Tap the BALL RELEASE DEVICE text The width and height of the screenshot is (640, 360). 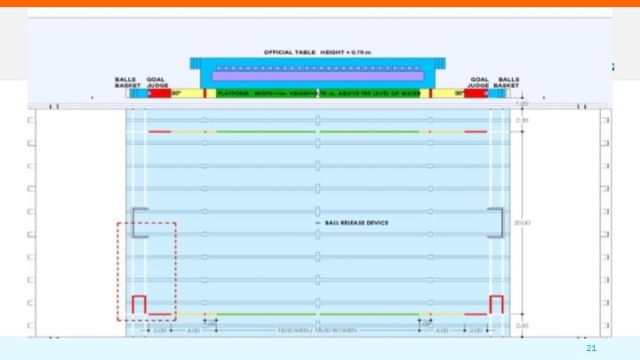pyautogui.click(x=356, y=222)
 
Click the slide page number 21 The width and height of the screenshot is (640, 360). pyautogui.click(x=591, y=349)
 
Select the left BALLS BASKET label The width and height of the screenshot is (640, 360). pyautogui.click(x=125, y=81)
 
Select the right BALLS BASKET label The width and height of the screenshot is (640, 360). pyautogui.click(x=508, y=81)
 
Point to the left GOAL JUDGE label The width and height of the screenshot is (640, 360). pyautogui.click(x=156, y=81)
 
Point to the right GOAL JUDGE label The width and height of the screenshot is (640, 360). pyautogui.click(x=480, y=81)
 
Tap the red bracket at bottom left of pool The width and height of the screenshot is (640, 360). pyautogui.click(x=139, y=303)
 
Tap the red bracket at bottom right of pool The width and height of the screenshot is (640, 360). pyautogui.click(x=496, y=303)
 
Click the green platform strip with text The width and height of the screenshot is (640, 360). pyautogui.click(x=317, y=93)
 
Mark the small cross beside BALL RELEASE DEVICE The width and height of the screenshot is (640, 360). pyautogui.click(x=305, y=222)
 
